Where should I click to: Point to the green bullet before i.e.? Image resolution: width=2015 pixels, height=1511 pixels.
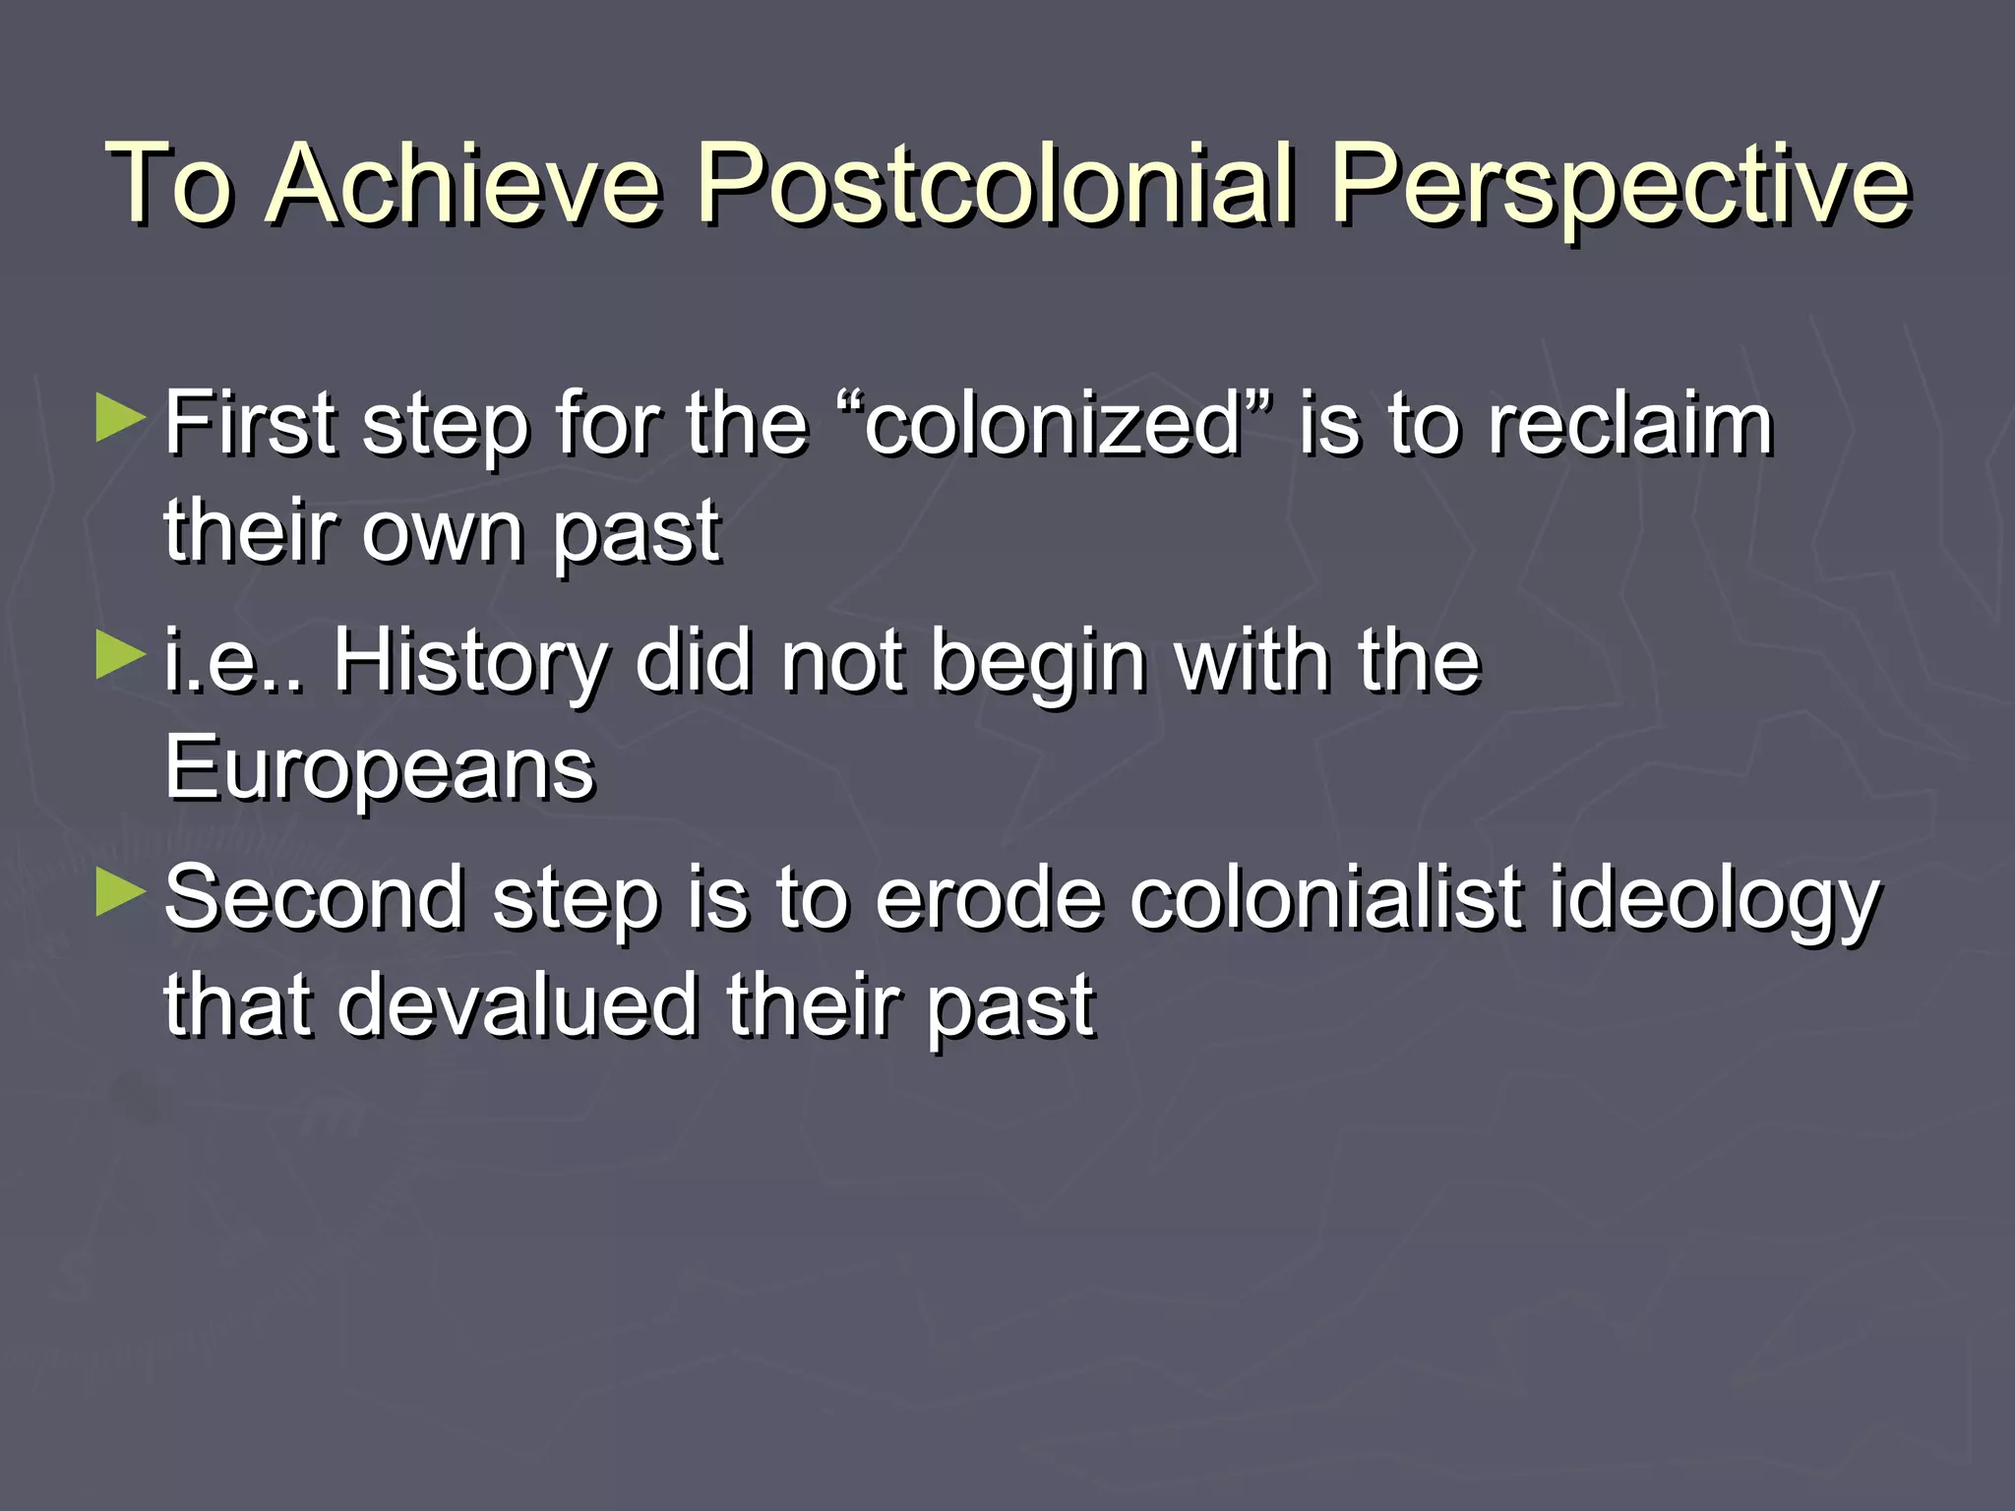[121, 655]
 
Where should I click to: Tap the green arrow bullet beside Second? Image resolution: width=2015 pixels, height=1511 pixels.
[121, 892]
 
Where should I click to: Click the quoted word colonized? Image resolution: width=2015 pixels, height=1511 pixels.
[1052, 425]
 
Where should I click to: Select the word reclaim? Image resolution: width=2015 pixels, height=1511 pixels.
[1630, 425]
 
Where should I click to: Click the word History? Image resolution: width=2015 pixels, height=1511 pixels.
[470, 661]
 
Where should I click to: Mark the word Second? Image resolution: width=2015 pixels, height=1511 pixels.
[314, 898]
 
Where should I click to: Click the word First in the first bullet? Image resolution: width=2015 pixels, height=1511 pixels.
[250, 425]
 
